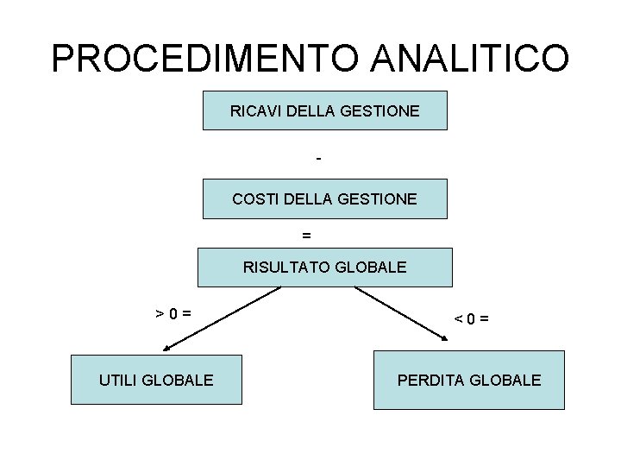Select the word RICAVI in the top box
251,111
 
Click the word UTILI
117,380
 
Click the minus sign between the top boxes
319,159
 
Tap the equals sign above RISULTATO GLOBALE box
306,234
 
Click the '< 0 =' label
472,318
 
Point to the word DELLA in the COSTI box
306,199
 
